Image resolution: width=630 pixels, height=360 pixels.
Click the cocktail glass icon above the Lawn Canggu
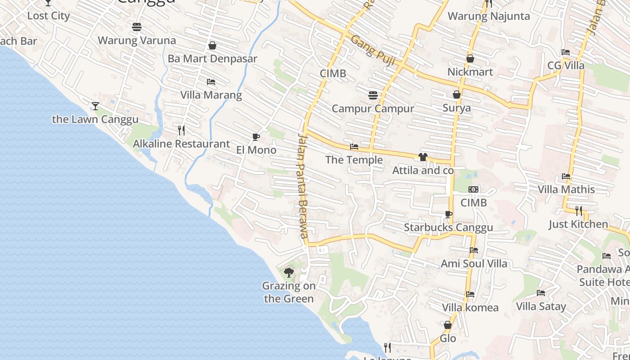[x=95, y=106]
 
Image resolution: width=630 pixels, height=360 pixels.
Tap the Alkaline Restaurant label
[x=181, y=144]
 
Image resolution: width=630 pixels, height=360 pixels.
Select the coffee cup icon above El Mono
[x=256, y=137]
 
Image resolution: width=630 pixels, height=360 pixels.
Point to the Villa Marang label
[x=211, y=95]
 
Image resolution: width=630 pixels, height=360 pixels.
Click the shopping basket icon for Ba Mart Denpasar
[x=212, y=45]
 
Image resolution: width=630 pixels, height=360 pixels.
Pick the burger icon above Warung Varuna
[x=137, y=27]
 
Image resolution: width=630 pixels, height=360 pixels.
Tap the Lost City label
[x=49, y=16]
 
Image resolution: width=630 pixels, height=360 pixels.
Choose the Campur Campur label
[x=373, y=108]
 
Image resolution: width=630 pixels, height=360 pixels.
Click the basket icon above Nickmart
[x=470, y=58]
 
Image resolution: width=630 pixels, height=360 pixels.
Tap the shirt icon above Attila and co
[x=423, y=157]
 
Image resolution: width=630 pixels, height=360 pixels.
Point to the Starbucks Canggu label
[x=448, y=227]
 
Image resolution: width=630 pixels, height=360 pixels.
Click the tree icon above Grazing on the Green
[x=289, y=272]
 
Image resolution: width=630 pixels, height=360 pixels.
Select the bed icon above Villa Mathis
[x=566, y=176]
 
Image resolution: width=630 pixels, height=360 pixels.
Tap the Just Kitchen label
[x=578, y=224]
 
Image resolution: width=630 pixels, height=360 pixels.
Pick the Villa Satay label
[x=541, y=306]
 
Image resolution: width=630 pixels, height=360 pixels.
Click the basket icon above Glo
[x=448, y=325]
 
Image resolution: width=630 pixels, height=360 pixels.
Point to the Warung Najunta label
[x=489, y=16]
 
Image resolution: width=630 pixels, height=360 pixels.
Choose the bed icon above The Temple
[x=354, y=147]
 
